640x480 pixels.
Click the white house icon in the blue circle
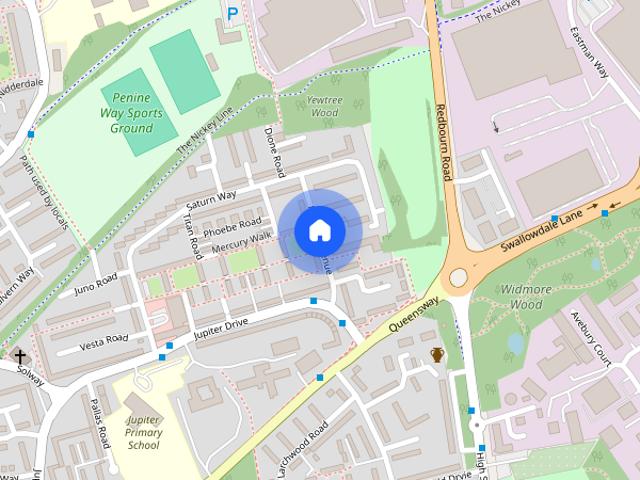coord(319,230)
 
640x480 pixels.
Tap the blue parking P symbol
coord(232,14)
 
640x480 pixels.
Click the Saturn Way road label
coord(210,201)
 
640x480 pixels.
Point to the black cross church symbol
coord(19,356)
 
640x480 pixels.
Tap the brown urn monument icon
coord(437,355)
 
